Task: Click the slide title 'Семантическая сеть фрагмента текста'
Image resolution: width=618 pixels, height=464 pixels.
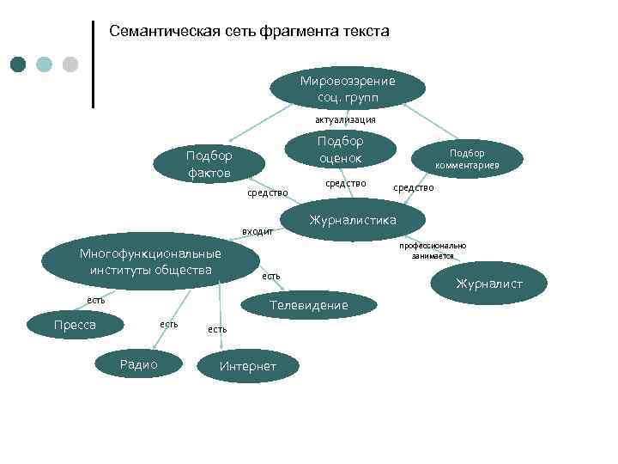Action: tap(249, 32)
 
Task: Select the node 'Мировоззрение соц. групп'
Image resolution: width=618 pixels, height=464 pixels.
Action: tap(348, 88)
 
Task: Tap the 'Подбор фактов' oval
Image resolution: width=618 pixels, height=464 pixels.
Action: tap(209, 163)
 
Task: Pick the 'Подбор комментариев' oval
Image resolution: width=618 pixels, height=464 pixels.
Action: tap(467, 159)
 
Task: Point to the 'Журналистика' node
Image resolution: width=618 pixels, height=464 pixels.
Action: tap(353, 221)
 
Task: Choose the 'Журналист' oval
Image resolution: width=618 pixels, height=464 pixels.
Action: tap(488, 284)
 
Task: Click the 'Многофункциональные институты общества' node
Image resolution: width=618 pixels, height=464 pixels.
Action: tap(150, 262)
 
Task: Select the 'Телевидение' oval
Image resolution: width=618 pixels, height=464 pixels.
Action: tap(308, 306)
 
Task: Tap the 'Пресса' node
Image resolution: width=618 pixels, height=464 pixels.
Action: tap(75, 325)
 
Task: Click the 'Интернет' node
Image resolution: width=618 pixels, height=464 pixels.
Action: tap(248, 367)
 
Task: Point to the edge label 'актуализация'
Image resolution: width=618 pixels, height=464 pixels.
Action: tap(344, 119)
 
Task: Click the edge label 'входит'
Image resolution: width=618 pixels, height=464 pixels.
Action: tap(257, 231)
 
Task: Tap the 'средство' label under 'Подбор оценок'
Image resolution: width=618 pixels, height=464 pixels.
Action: tap(347, 183)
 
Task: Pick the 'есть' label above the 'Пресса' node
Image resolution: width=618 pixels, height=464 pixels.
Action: tap(95, 300)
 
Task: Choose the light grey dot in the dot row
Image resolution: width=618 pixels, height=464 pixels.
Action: tap(70, 64)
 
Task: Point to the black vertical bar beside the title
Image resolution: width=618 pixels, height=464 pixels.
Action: tap(93, 64)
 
